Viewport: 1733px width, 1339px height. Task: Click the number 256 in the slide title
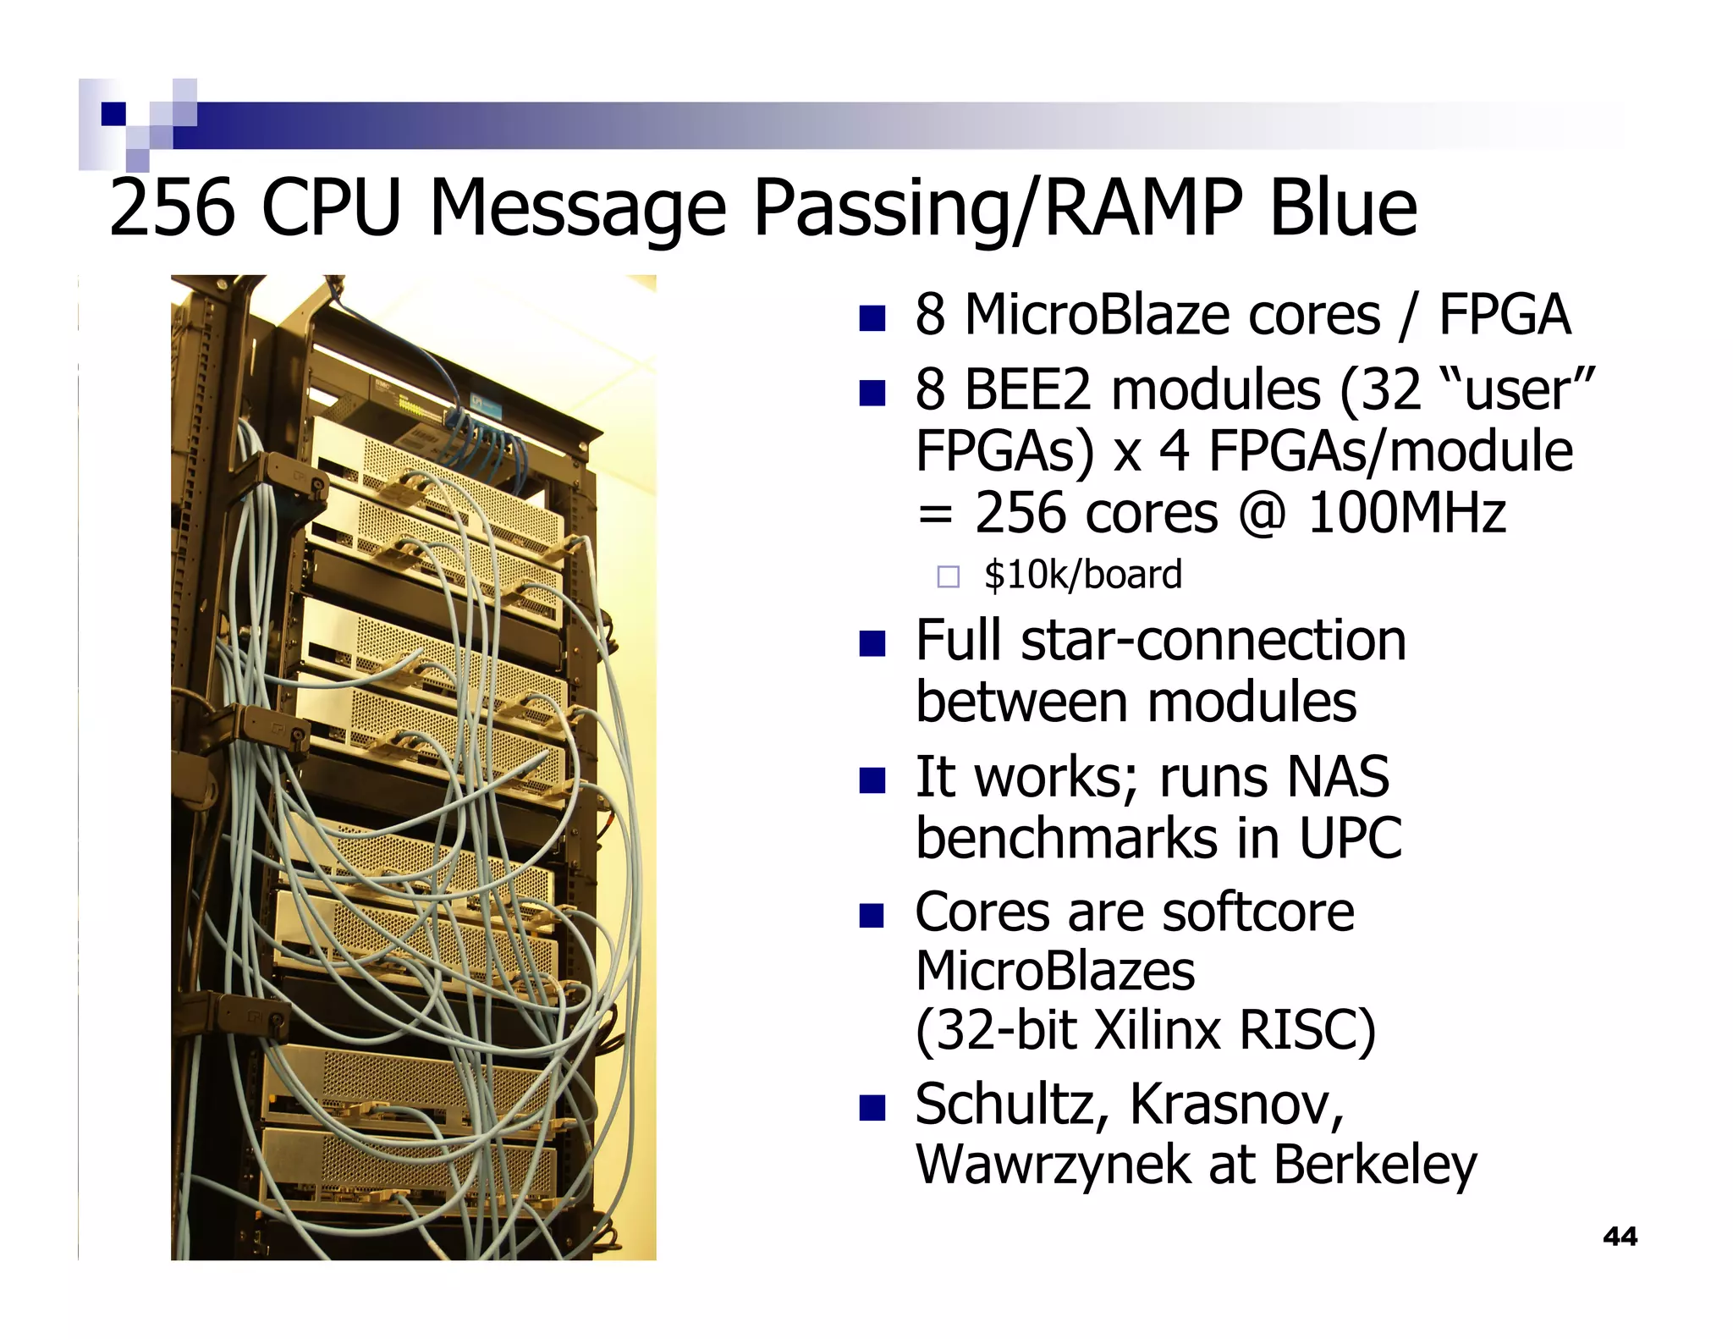pos(172,208)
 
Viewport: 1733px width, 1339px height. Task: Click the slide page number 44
pos(1620,1237)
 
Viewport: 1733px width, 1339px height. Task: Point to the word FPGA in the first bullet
pos(1505,315)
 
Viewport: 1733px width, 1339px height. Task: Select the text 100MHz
pos(1406,514)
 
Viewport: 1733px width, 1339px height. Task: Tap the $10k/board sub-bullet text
pos(1082,576)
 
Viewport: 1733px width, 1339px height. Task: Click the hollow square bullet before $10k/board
pos(949,577)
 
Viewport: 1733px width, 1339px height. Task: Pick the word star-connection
pos(1213,641)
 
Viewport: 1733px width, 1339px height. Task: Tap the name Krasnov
pos(1236,1105)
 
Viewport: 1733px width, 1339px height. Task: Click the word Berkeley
pos(1375,1165)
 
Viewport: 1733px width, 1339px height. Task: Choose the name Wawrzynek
pos(1053,1165)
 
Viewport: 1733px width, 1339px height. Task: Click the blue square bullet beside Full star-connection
pos(872,643)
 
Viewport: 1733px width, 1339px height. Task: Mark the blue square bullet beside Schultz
pos(872,1107)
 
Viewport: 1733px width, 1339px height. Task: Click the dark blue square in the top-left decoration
pos(113,113)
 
